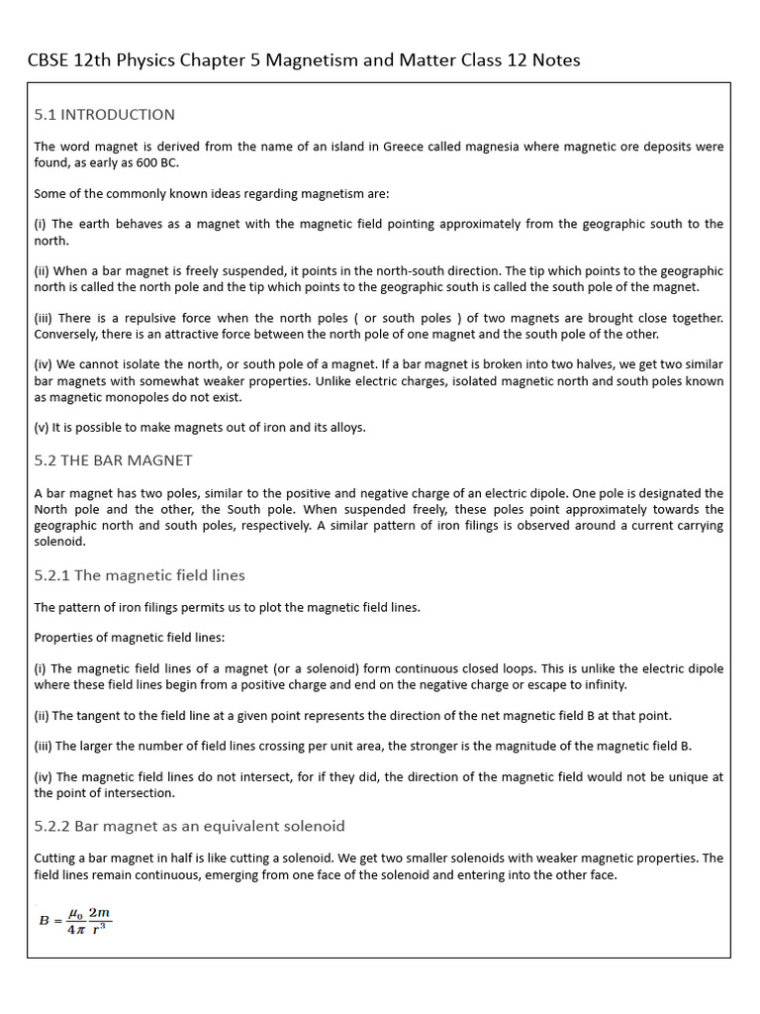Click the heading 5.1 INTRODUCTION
(x=104, y=115)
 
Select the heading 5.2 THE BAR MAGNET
(x=113, y=460)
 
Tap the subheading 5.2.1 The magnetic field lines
(x=140, y=575)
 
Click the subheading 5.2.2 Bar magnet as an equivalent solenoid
(x=189, y=826)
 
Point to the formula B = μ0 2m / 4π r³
(x=75, y=920)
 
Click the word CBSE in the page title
(x=48, y=60)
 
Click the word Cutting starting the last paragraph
(x=56, y=859)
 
